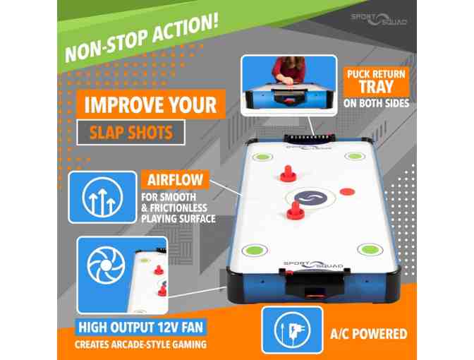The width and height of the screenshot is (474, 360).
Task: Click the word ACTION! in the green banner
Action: tap(184, 30)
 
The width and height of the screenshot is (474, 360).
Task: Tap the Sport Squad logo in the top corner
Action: tap(379, 19)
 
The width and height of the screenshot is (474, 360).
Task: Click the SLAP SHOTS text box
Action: tap(131, 133)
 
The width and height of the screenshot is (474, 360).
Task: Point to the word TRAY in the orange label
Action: tap(376, 87)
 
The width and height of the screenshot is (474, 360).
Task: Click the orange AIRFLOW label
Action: tap(175, 180)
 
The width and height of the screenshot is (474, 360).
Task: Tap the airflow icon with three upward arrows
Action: tap(102, 197)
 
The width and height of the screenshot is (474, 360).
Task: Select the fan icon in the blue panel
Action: tap(106, 266)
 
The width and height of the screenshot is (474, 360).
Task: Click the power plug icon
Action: tap(292, 330)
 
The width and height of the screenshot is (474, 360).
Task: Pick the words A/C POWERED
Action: tap(368, 334)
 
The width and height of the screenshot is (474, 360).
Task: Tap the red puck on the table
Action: tap(347, 191)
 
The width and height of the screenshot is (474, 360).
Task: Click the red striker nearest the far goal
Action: tap(288, 174)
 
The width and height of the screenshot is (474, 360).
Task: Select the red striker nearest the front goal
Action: tap(295, 210)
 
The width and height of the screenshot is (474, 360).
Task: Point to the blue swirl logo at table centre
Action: tap(311, 198)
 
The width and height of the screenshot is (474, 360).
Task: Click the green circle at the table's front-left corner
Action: tap(255, 250)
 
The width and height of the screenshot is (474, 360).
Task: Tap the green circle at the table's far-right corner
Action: tap(355, 157)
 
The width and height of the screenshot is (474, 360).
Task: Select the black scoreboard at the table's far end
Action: tap(309, 138)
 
